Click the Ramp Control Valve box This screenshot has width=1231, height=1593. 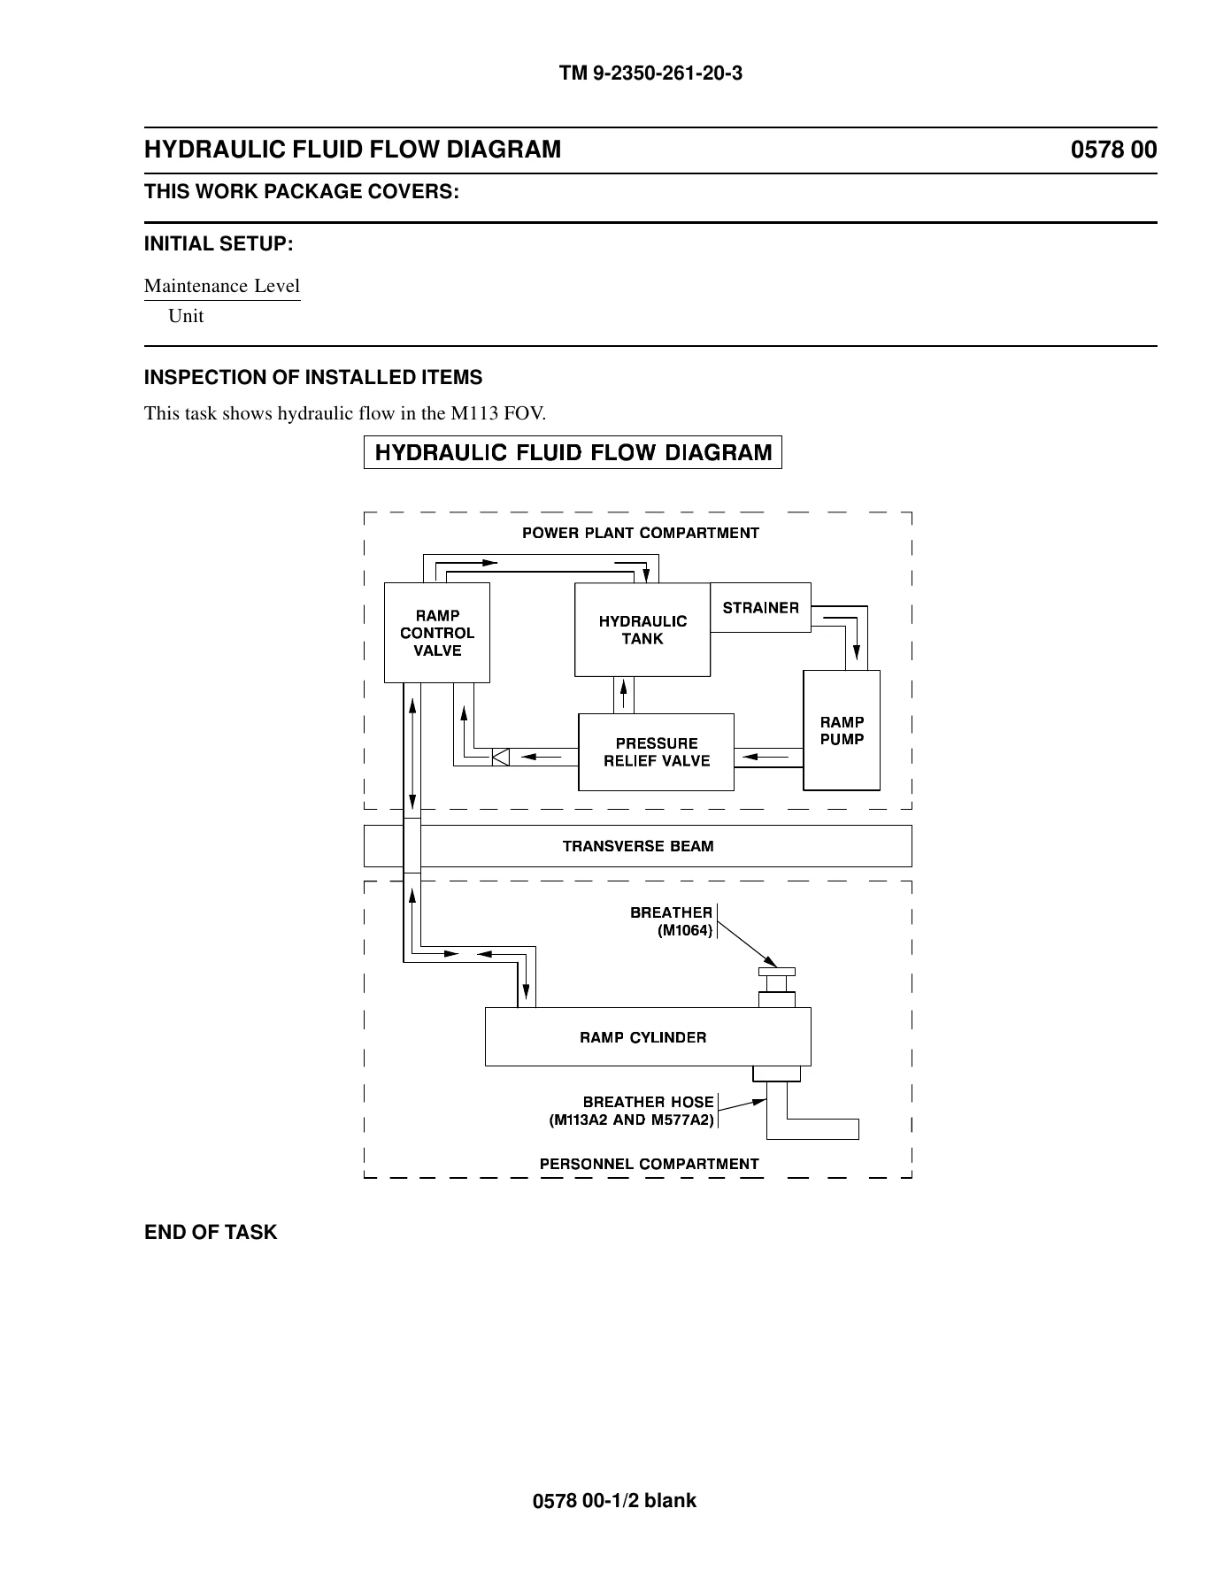point(437,633)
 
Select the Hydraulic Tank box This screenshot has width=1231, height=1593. point(642,629)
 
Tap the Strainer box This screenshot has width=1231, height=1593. point(761,607)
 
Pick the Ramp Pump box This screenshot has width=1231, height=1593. point(842,730)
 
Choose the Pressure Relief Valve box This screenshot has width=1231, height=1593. point(657,752)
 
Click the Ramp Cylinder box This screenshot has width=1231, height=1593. point(648,1036)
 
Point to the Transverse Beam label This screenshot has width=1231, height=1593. point(638,846)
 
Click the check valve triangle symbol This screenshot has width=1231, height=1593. point(500,757)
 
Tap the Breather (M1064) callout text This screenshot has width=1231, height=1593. point(672,921)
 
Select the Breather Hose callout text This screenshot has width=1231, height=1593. point(632,1111)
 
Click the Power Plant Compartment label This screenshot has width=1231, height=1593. point(641,533)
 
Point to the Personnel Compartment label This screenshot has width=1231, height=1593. point(650,1164)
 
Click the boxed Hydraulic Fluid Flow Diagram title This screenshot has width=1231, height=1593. point(573,453)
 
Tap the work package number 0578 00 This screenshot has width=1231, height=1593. point(1114,150)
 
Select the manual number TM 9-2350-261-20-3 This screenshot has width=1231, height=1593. point(650,73)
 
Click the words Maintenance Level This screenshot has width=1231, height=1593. point(222,286)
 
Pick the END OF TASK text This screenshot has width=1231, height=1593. point(211,1232)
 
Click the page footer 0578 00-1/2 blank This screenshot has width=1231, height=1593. point(615,1500)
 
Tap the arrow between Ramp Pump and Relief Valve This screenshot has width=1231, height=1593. point(766,757)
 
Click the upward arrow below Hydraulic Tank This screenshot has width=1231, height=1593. point(625,695)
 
